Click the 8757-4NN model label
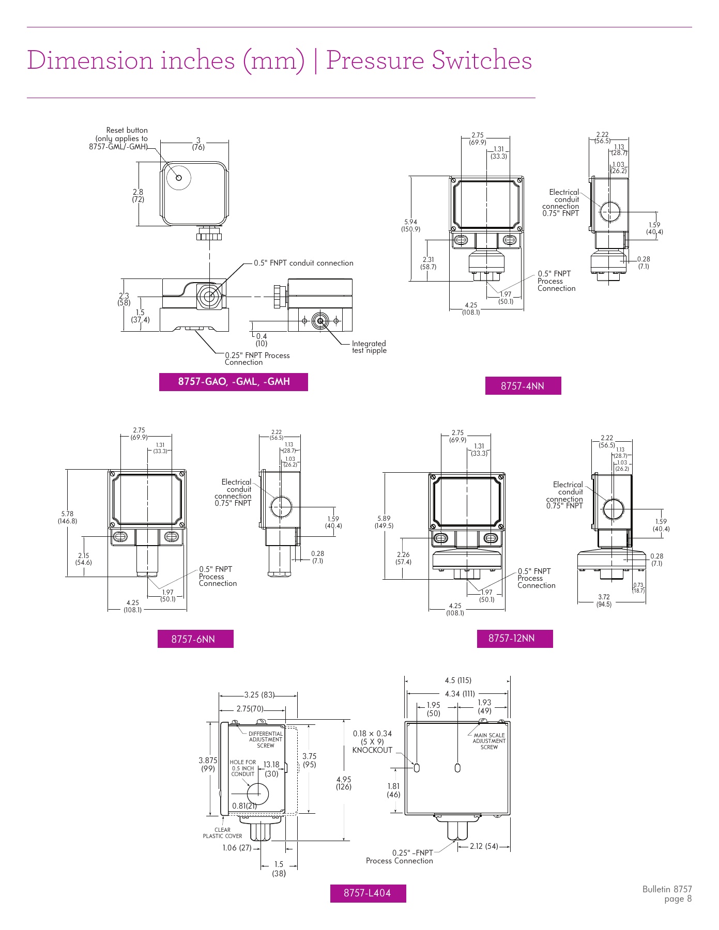(523, 386)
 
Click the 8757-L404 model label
(368, 893)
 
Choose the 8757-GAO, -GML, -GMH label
(234, 382)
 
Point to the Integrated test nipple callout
(369, 347)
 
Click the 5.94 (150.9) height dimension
(411, 225)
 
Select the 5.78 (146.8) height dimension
(67, 517)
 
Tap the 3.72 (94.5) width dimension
(604, 600)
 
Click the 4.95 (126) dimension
(344, 783)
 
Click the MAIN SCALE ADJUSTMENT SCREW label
(489, 741)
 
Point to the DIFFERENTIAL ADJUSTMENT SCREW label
(266, 739)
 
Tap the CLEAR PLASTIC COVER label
(222, 833)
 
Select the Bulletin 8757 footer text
(667, 889)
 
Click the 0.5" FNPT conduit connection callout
(303, 263)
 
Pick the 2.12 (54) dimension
(484, 846)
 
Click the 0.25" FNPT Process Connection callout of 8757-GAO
(257, 359)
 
